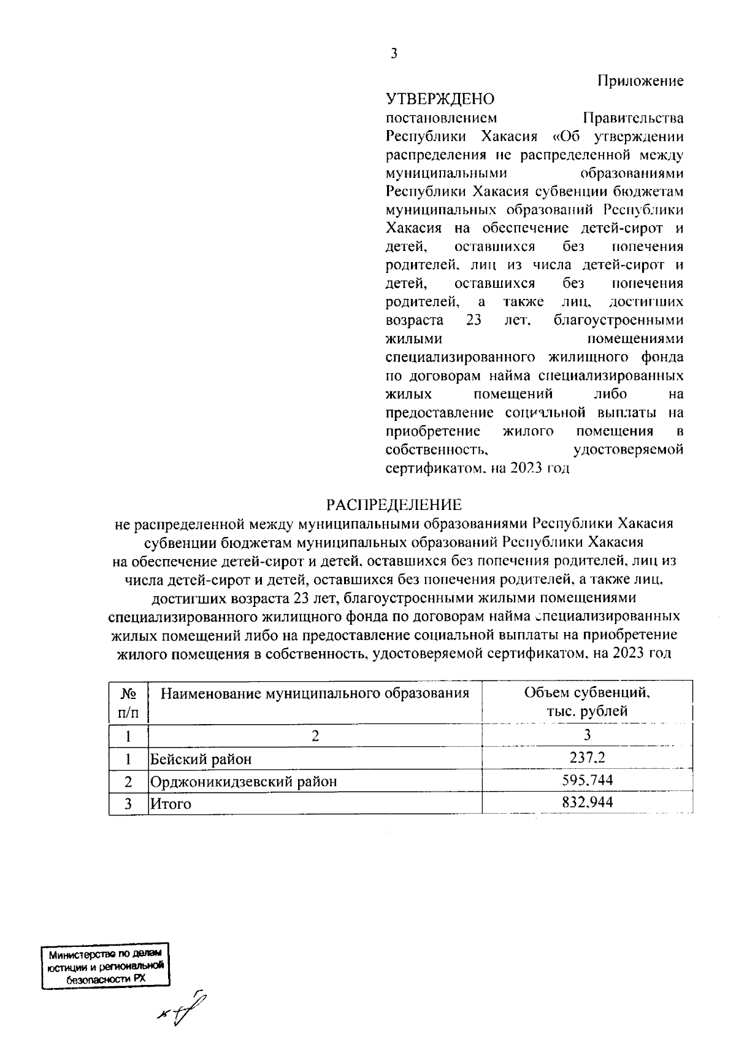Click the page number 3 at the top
click(394, 54)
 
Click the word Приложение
click(640, 80)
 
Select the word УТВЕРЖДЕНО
click(439, 99)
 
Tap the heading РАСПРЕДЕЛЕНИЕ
click(393, 505)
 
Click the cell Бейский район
click(201, 759)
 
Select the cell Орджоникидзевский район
click(244, 781)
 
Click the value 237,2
click(587, 758)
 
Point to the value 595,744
click(587, 780)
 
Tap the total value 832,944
click(587, 802)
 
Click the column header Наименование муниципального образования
click(315, 694)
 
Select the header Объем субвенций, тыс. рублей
click(587, 702)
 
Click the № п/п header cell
click(128, 703)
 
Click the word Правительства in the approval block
click(633, 117)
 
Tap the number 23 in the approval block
click(473, 320)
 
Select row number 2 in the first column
click(128, 781)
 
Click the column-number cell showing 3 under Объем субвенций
click(587, 735)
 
